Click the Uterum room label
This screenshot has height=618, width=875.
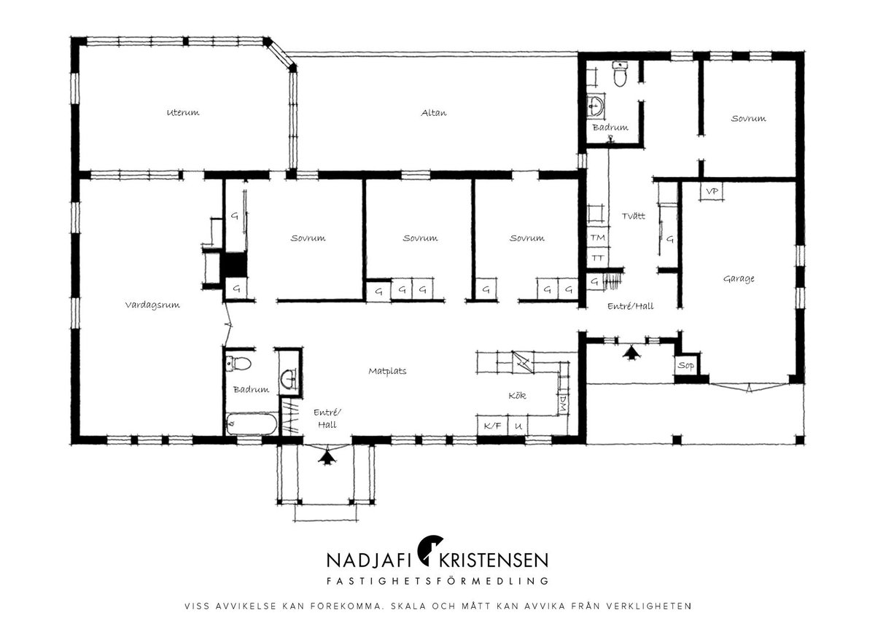coord(183,112)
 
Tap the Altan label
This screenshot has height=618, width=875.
coord(434,113)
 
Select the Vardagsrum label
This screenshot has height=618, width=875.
coord(152,305)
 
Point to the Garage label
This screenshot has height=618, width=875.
coord(739,278)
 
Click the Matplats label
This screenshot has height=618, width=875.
coord(387,371)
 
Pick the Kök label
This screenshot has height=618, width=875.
coord(517,396)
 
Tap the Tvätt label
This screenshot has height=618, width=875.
coord(633,216)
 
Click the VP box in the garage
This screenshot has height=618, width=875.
coord(712,192)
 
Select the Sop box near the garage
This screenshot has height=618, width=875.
coord(686,365)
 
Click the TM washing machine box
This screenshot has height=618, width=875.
coord(598,238)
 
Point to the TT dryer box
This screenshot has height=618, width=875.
coord(598,258)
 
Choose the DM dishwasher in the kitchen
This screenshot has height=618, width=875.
coord(563,404)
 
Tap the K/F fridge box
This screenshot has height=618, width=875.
coord(492,426)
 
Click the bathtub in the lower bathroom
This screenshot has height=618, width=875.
coord(252,424)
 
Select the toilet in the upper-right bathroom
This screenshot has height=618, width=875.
coord(620,74)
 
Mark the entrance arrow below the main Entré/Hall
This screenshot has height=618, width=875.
coord(327,457)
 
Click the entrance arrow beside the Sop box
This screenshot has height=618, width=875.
coord(631,353)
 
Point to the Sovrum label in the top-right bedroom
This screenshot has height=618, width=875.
coord(748,118)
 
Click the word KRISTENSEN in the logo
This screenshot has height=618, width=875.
coord(494,560)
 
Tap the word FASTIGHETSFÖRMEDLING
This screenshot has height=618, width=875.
coord(437,581)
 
